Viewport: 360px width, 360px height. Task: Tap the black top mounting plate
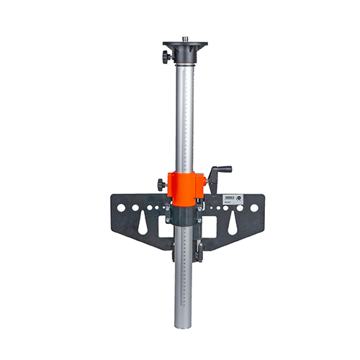pos(185,47)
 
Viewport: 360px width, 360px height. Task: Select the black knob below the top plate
pos(167,57)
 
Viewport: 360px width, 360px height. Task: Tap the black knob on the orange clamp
pos(161,184)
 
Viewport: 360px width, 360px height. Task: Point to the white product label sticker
pos(230,197)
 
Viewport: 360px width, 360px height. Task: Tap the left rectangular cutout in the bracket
pos(165,228)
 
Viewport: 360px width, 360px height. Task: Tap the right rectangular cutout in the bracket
pos(210,228)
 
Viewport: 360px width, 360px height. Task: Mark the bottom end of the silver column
pos(185,324)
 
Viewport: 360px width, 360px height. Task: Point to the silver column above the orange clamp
pos(185,115)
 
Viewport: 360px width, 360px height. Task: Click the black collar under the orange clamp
pos(185,213)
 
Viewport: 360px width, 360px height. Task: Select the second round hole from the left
pos(134,208)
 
